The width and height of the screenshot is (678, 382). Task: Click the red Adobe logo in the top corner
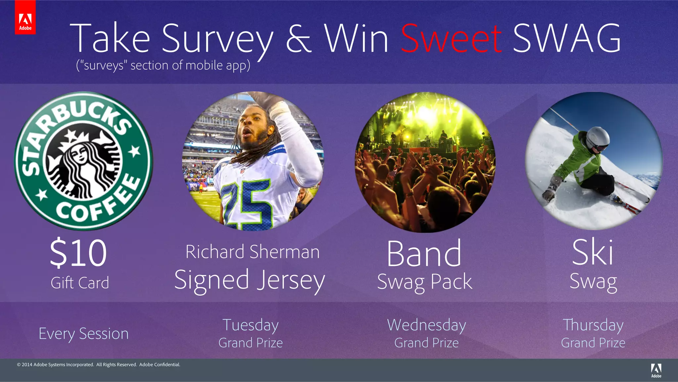click(25, 17)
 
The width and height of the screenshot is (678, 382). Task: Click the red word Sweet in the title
click(451, 39)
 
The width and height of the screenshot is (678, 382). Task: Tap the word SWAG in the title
click(567, 39)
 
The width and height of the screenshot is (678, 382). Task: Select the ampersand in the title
click(299, 39)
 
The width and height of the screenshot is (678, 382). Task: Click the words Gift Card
click(80, 283)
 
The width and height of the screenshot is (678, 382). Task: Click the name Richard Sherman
click(252, 252)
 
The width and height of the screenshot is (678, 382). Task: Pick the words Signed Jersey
click(250, 280)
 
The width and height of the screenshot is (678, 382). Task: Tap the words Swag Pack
click(425, 282)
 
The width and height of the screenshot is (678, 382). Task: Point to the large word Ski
click(593, 252)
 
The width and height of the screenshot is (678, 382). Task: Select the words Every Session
click(83, 334)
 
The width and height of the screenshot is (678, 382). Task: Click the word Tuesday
click(251, 325)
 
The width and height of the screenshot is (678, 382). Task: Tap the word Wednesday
click(426, 325)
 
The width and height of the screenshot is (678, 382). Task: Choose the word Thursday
click(593, 325)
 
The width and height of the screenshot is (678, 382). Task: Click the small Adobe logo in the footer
click(656, 370)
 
